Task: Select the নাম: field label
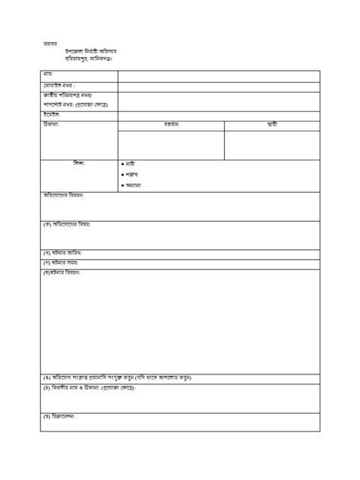48,74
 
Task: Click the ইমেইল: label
52,115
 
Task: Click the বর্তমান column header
171,125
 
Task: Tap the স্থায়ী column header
271,124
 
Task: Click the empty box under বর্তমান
171,144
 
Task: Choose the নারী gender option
130,164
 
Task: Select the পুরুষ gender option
131,175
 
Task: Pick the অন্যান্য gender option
134,185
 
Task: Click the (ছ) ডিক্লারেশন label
59,416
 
